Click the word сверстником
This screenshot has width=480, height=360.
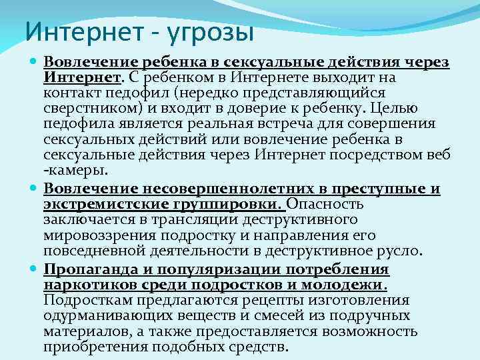click(85, 109)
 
